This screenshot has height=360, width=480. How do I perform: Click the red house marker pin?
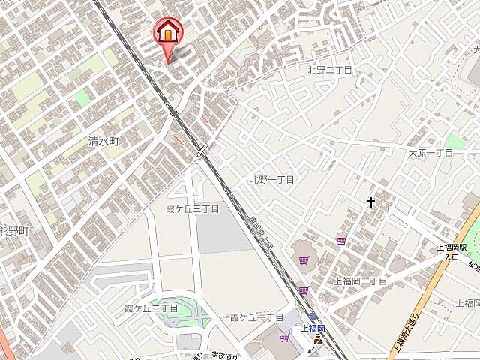point(167,34)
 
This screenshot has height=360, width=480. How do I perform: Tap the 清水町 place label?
point(103,141)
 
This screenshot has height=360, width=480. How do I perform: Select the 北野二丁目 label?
point(329,70)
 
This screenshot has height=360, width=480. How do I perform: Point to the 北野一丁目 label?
point(271,180)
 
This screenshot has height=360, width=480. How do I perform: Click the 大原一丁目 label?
point(430,152)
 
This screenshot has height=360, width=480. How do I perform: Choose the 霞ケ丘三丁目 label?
point(192,208)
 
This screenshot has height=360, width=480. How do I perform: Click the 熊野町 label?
point(13,231)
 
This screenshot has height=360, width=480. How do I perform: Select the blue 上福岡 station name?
point(313,328)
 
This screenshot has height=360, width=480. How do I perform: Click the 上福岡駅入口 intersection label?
point(452,251)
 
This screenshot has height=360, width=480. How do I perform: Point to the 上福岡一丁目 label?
point(361,280)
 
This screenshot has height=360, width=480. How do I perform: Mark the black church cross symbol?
point(370,202)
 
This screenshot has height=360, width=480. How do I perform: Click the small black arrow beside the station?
point(311,351)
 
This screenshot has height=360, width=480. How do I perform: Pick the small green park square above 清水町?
point(81,97)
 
